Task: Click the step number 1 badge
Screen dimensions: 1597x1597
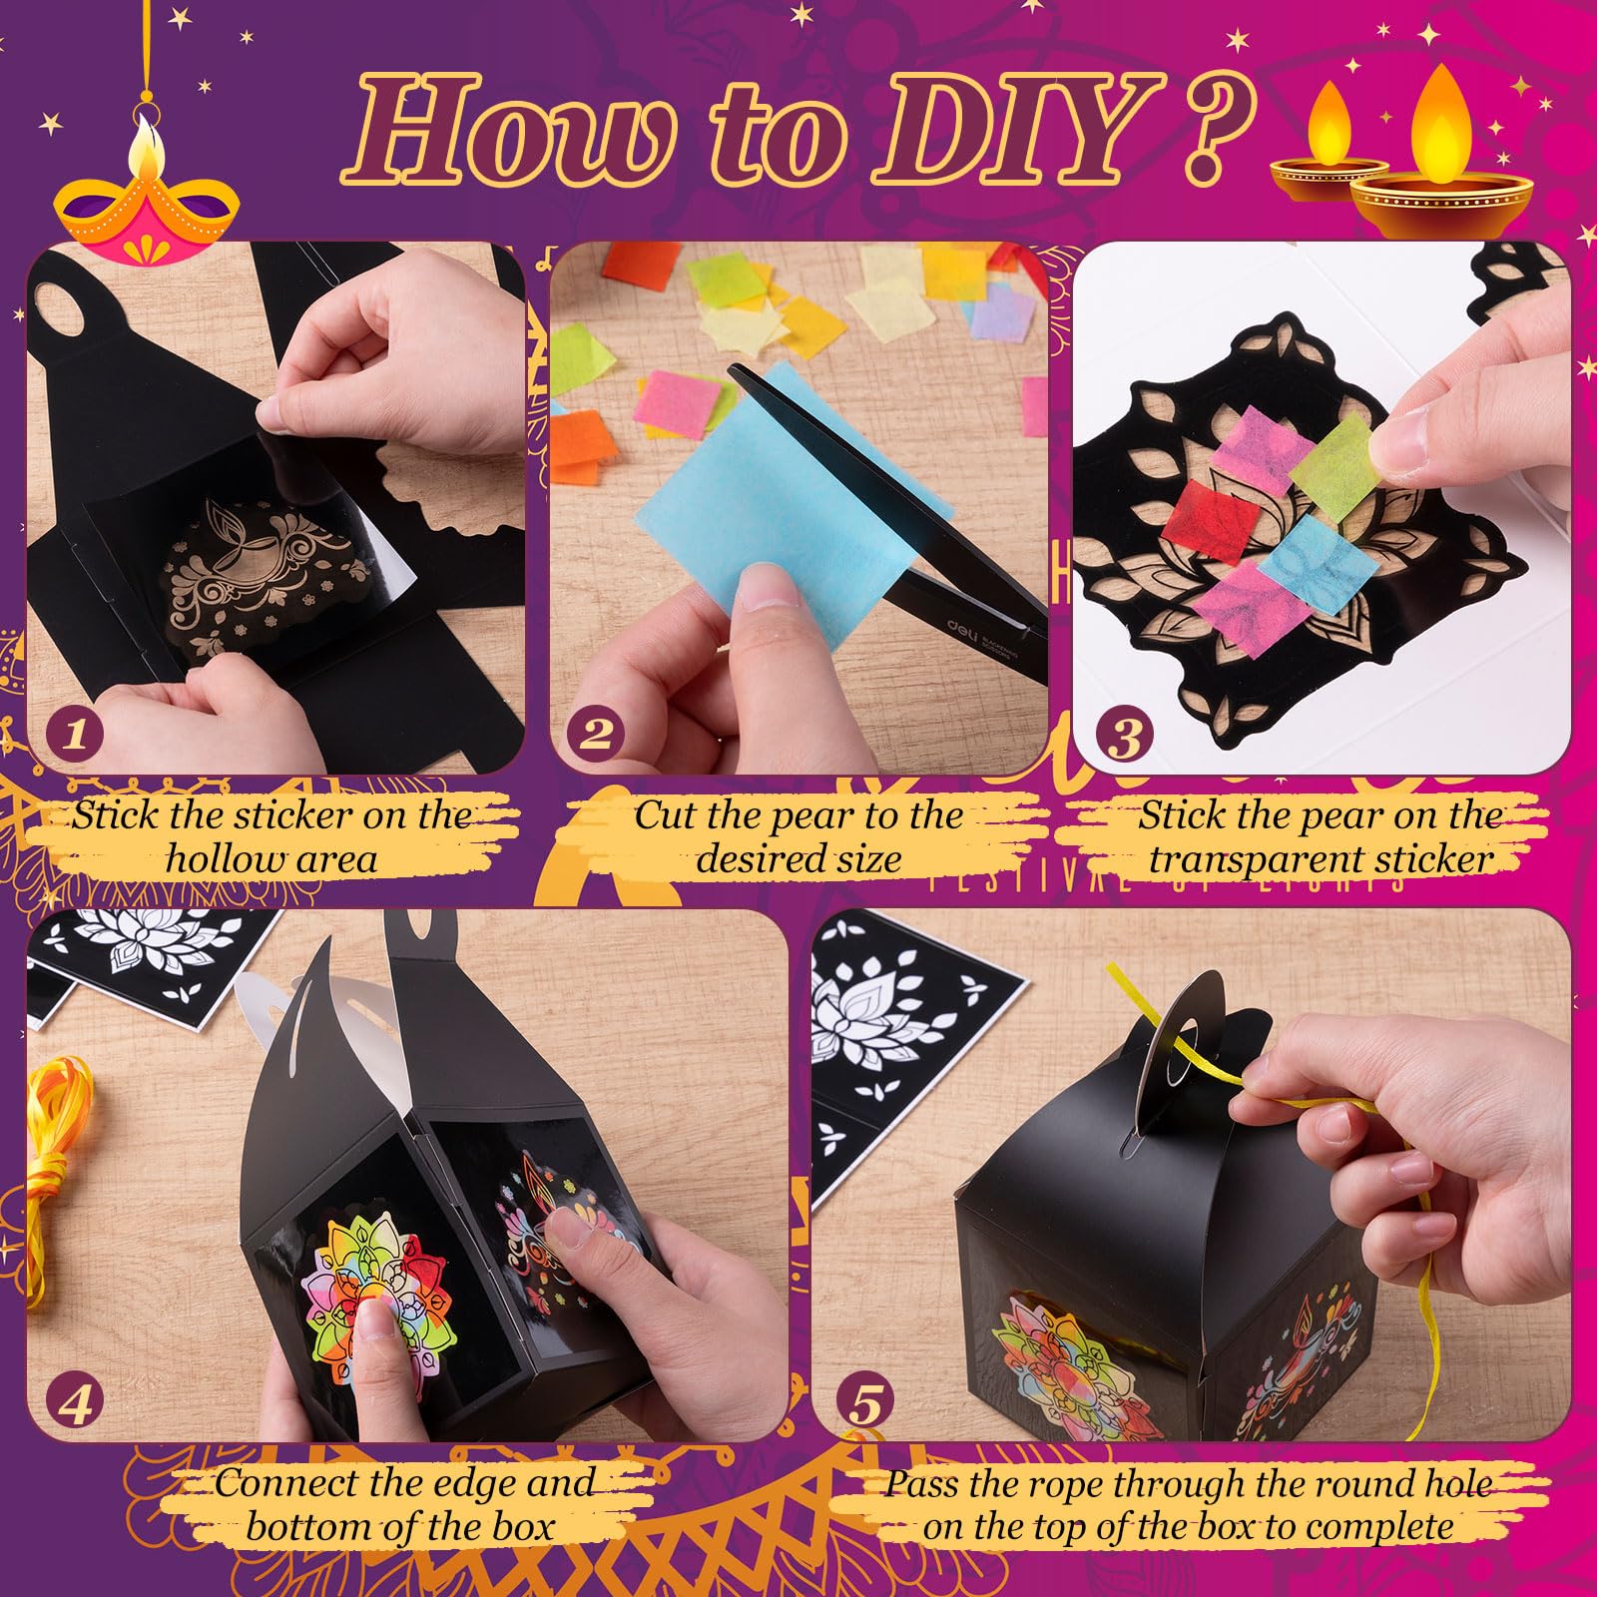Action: [x=76, y=735]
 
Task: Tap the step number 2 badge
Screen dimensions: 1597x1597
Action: [x=596, y=735]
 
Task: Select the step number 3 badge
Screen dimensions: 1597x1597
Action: [x=1125, y=737]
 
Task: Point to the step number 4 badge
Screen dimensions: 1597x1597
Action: [x=76, y=1404]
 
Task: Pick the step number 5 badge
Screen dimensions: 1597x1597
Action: [x=865, y=1404]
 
